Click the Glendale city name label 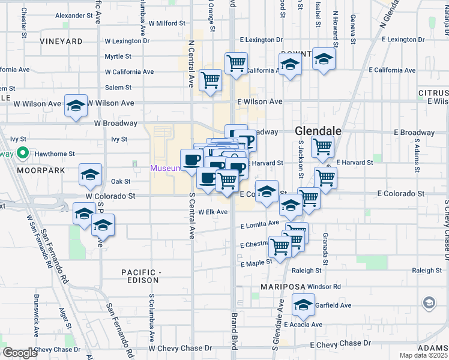(318, 131)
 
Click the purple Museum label (164, 168)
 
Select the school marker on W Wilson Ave (76, 106)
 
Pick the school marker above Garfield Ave (304, 305)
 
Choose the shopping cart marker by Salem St (210, 79)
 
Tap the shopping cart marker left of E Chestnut (280, 246)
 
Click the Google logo (20, 353)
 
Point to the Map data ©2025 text (423, 355)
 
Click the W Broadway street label (115, 123)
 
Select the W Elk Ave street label (214, 212)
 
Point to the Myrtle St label (118, 56)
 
